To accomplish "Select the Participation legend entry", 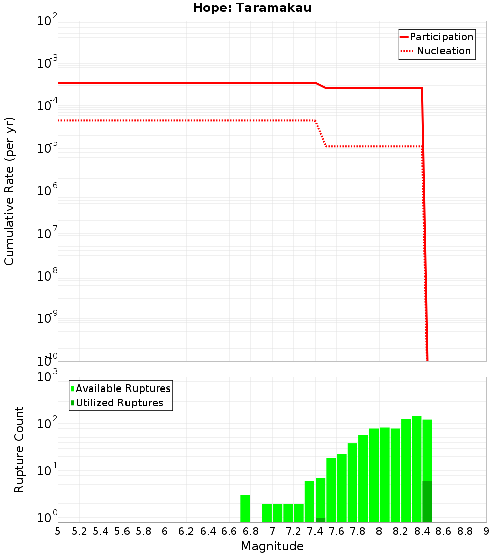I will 436,37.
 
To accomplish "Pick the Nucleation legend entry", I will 436,51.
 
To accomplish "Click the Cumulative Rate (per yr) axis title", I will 10,191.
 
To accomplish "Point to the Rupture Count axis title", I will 19,450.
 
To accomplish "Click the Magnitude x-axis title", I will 272,546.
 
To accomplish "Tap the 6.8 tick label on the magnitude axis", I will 250,531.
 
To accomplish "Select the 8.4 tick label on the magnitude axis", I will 422,531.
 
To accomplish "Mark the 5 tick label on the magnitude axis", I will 58,531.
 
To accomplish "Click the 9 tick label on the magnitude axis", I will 486,531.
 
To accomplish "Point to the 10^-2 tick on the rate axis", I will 47,22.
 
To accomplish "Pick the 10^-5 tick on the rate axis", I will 47,149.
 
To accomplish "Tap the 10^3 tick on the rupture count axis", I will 48,377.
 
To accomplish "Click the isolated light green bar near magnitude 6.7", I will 245,509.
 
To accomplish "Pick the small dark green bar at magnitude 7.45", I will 320,520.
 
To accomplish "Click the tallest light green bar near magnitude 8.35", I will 417,469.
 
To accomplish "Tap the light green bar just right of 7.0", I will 277,513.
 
